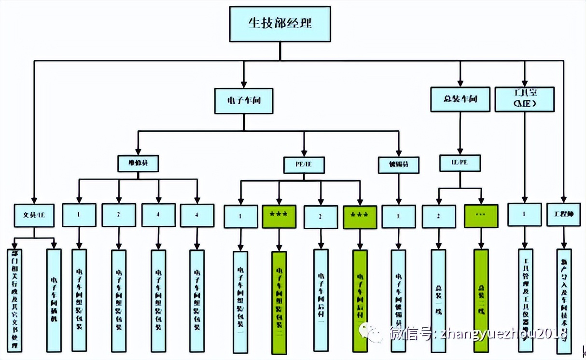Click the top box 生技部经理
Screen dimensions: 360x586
[x=279, y=24]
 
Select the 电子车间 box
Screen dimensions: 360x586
[x=244, y=101]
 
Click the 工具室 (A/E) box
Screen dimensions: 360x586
[x=524, y=99]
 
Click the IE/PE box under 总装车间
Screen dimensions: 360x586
[x=460, y=163]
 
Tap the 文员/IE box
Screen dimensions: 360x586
[x=33, y=215]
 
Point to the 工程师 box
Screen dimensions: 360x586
[x=563, y=215]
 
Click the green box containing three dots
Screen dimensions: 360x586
[x=481, y=216]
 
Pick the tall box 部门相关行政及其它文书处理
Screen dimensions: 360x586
[x=15, y=300]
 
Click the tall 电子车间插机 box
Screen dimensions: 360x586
[x=54, y=300]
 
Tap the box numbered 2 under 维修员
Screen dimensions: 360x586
[x=119, y=215]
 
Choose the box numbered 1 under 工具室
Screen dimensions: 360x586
[x=524, y=215]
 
